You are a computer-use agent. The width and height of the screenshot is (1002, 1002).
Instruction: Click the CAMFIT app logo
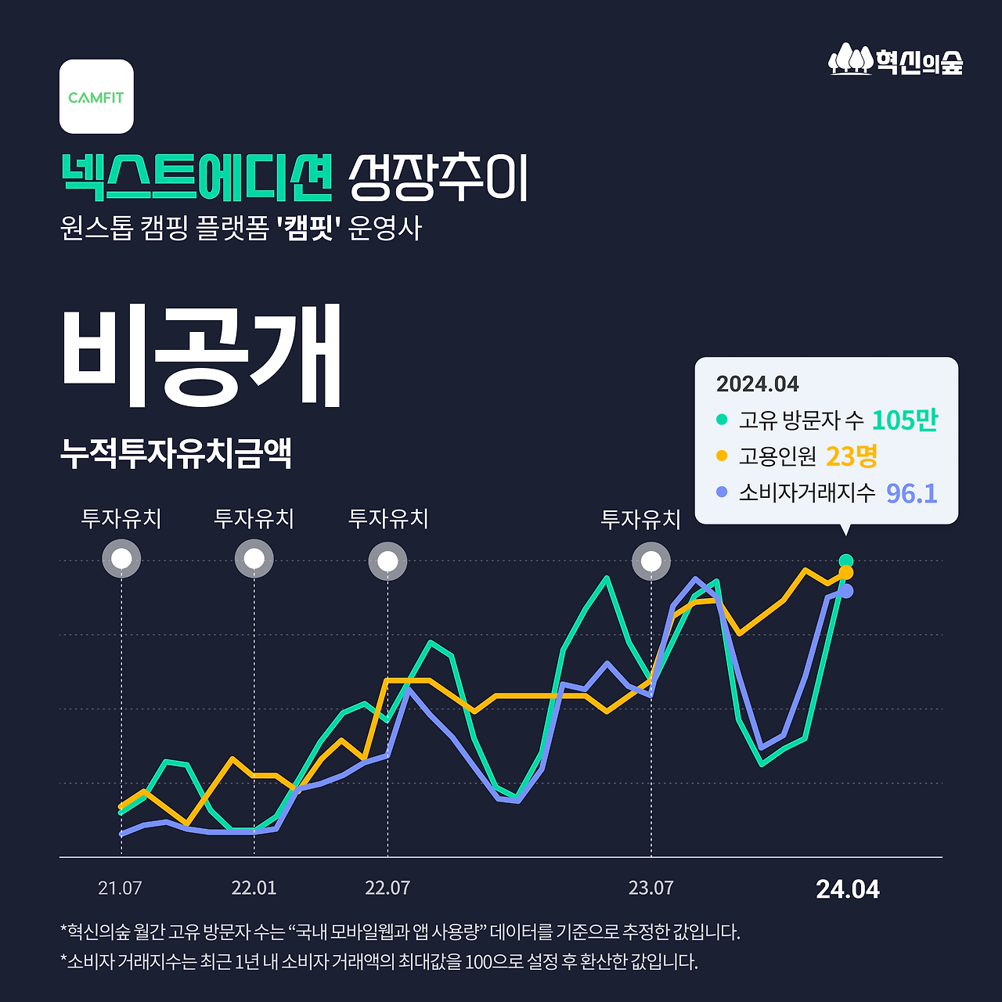click(96, 96)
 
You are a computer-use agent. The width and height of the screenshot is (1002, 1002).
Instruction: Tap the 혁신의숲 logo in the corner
click(896, 60)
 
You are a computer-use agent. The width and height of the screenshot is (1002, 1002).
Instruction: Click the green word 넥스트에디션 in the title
click(196, 178)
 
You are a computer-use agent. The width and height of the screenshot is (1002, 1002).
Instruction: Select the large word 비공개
click(201, 356)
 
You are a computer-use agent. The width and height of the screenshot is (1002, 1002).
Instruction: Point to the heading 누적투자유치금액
click(176, 453)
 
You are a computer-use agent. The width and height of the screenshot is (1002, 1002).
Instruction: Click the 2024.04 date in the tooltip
click(757, 384)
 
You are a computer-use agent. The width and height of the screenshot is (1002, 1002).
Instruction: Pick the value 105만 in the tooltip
click(904, 420)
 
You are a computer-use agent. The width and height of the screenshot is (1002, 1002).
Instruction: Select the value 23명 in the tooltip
click(851, 456)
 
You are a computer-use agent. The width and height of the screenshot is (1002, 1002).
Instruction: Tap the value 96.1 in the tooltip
click(911, 493)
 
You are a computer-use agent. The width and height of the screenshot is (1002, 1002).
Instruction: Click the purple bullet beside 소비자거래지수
click(722, 492)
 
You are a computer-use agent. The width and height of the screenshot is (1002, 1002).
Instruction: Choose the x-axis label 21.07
click(120, 888)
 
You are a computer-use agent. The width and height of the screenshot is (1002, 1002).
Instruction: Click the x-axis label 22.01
click(254, 888)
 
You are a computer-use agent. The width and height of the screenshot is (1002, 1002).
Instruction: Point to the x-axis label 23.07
click(651, 888)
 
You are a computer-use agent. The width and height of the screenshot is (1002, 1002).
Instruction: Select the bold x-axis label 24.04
click(847, 889)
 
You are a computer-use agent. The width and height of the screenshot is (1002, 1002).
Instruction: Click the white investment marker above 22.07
click(387, 561)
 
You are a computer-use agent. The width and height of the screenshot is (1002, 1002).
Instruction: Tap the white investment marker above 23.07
click(651, 561)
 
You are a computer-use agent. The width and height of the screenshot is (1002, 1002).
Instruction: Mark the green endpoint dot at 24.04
click(845, 560)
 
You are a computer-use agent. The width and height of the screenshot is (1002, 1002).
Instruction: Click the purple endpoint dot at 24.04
click(845, 591)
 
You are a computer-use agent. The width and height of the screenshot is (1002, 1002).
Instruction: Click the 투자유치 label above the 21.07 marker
click(121, 518)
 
